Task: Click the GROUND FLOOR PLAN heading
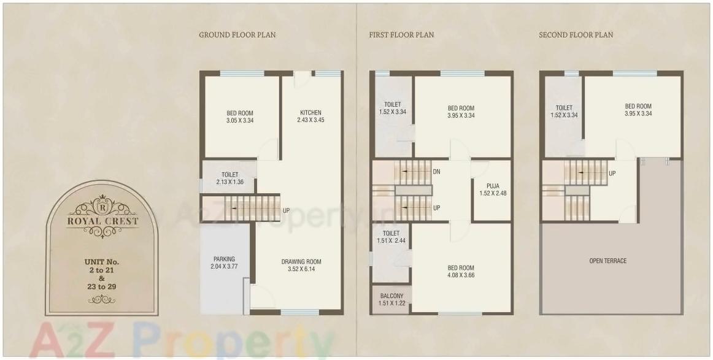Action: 237,35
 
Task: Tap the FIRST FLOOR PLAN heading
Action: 401,35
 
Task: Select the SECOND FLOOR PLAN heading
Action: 576,35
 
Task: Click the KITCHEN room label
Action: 310,113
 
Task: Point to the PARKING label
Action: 224,259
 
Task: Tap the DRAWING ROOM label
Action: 301,262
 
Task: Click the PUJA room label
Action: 493,185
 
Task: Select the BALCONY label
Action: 391,296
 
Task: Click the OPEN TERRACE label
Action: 608,261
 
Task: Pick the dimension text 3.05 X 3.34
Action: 240,121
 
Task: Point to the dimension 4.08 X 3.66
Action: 460,275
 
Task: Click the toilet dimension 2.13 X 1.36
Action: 230,182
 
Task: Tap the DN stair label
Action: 436,172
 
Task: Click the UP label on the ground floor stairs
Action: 286,211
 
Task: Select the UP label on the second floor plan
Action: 612,174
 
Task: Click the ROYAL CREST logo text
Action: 102,221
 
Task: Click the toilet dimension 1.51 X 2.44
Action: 391,241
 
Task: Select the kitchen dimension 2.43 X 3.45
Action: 310,120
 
